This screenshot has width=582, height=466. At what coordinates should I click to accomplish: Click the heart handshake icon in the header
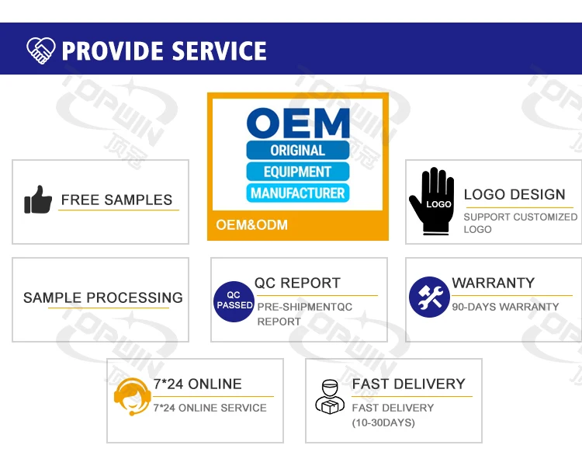coord(40,50)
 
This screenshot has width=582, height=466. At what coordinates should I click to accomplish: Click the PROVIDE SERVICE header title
coord(164,51)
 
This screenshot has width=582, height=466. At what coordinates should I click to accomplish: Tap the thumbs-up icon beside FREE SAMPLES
coord(37,200)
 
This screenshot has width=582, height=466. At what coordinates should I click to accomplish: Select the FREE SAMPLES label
coord(116,200)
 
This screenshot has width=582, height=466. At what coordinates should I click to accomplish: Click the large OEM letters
coord(298,123)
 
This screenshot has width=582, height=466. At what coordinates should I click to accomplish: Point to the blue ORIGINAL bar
coord(297,150)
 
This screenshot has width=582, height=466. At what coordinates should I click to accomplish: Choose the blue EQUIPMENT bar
coord(297,172)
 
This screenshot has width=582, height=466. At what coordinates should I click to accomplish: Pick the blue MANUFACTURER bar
coord(297,193)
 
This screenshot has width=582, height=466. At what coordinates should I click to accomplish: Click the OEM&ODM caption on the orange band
coord(251,225)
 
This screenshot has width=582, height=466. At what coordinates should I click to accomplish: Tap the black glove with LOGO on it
coord(432,200)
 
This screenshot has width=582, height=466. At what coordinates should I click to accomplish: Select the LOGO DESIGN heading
coord(514,195)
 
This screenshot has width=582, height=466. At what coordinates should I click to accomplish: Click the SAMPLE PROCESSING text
coord(103,297)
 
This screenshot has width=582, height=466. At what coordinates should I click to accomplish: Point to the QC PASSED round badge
coord(234,301)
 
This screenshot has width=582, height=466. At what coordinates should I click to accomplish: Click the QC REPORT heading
coord(297,283)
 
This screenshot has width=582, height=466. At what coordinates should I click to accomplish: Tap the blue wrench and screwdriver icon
coord(429,297)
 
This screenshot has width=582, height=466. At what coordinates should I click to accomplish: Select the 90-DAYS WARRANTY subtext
coord(505,307)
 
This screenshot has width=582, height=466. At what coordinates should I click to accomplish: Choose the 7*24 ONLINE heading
coord(198,384)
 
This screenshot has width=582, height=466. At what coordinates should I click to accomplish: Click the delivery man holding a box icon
coord(329,396)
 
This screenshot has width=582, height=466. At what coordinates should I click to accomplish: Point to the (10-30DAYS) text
coord(383,423)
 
